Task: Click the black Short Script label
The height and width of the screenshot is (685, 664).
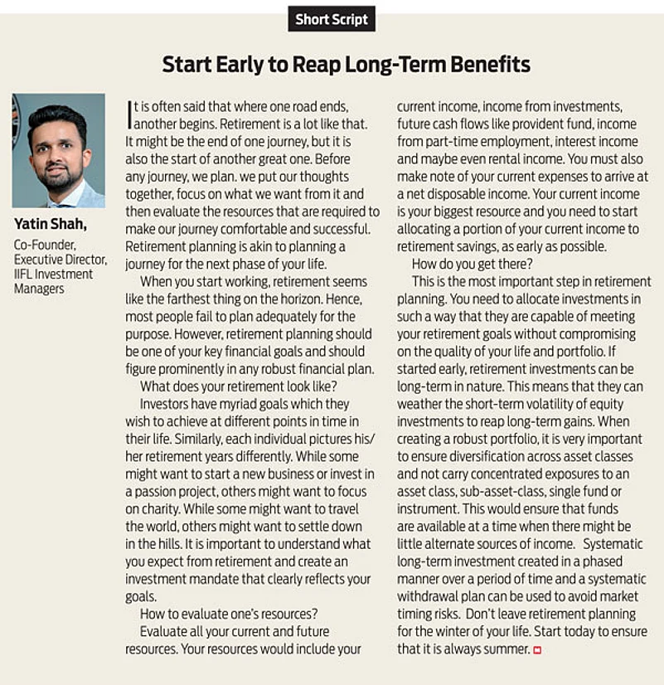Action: coord(332,19)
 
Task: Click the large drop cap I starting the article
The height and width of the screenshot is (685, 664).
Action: coord(129,114)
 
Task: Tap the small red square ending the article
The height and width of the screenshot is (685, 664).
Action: coord(537,650)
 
